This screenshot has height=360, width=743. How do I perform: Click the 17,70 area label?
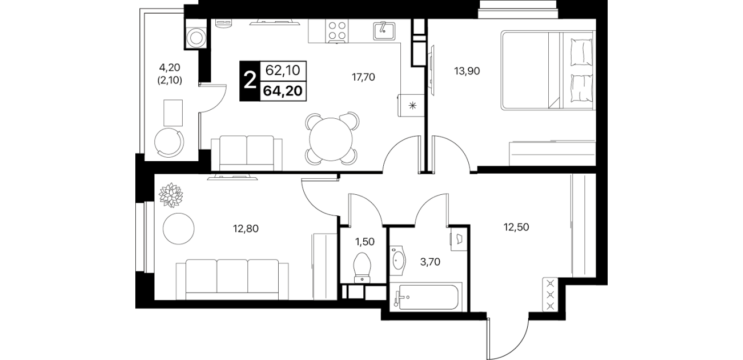363,77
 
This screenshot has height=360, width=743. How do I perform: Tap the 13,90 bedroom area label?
467,71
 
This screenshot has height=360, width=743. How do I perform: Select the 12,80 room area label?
246,229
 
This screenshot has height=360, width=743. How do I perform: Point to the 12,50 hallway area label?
516,227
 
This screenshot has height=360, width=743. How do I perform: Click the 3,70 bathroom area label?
430,262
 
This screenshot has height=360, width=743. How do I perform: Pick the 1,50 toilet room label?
365,242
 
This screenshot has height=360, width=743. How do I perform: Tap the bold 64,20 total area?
283,91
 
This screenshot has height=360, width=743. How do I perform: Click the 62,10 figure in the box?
283,70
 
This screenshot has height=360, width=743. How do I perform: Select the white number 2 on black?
250,81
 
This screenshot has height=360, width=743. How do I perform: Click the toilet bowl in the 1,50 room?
362,268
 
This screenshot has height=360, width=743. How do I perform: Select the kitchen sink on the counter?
384,31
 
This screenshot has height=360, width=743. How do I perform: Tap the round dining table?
331,139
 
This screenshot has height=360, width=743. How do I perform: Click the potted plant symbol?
171,195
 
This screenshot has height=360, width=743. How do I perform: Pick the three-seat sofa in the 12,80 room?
232,279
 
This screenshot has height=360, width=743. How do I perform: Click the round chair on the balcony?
169,142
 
